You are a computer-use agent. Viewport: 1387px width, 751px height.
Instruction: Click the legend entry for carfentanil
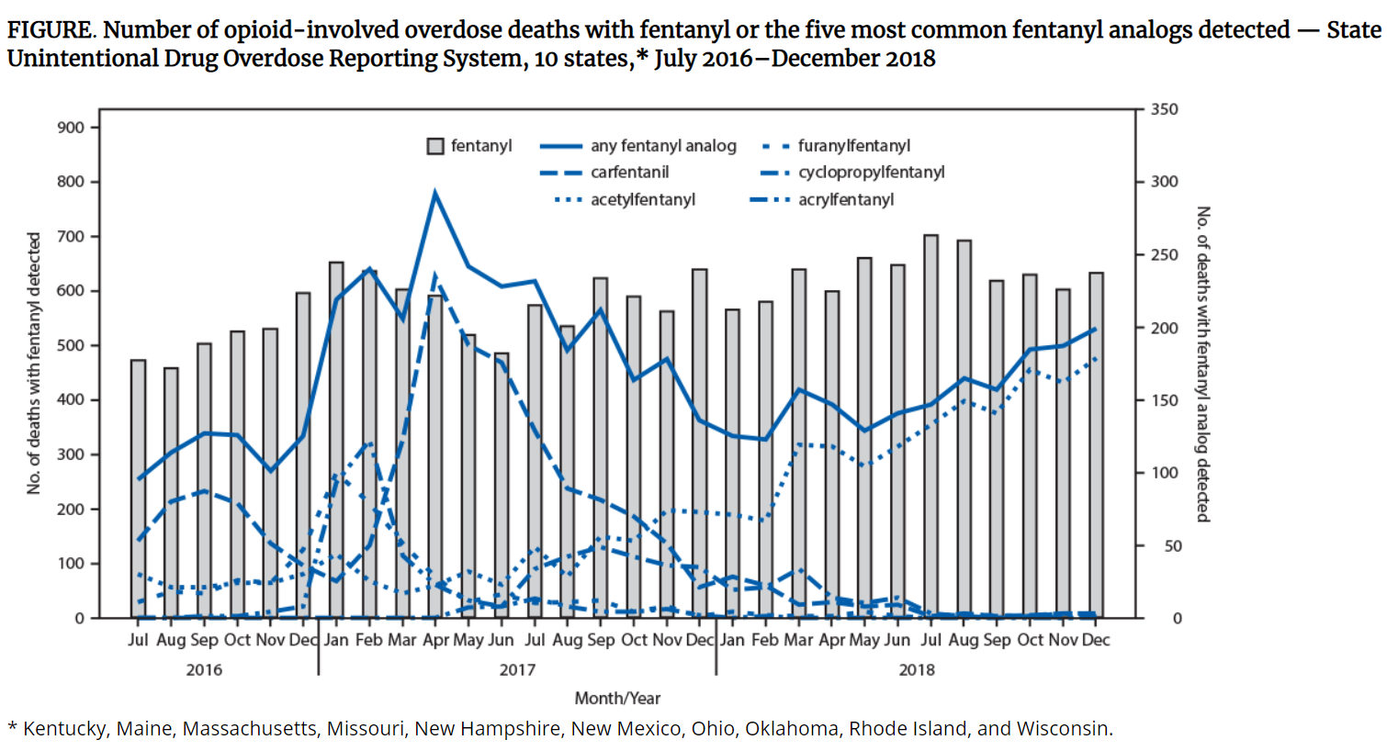tap(629, 173)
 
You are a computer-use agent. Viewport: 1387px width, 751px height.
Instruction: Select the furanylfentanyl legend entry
tap(853, 146)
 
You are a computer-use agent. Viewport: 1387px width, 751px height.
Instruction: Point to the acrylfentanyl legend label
tap(845, 199)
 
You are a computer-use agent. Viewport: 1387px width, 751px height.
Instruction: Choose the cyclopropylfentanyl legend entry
tap(871, 173)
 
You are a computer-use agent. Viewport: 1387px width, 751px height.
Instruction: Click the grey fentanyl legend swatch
tap(436, 146)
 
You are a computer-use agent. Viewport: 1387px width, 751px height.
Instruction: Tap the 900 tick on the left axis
tap(71, 128)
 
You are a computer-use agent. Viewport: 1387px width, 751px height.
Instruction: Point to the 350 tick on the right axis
tap(1165, 109)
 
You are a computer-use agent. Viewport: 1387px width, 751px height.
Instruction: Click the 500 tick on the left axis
tap(71, 345)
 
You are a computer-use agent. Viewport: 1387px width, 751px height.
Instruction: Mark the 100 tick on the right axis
tap(1165, 473)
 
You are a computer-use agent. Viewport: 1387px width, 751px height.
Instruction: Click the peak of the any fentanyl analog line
tap(435, 193)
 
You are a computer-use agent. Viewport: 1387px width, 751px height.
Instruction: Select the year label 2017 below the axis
tap(517, 669)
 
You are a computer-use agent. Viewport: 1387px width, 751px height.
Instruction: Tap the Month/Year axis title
tap(617, 699)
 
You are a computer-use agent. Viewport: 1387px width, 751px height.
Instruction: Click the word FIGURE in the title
tap(50, 30)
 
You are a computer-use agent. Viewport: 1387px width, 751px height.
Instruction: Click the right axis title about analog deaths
tap(1202, 364)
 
